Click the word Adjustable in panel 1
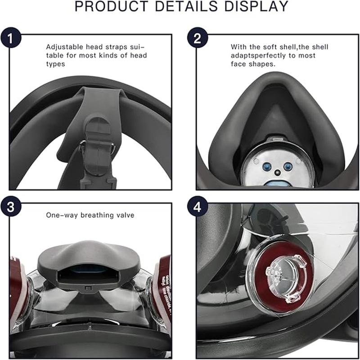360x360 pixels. pyautogui.click(x=63, y=47)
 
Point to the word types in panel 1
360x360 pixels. pyautogui.click(x=56, y=64)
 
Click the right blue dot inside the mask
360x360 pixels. pyautogui.click(x=288, y=166)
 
